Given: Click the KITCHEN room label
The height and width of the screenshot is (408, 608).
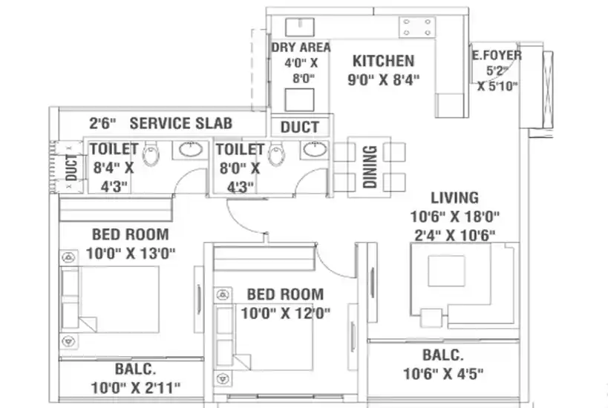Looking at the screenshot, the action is (383, 61).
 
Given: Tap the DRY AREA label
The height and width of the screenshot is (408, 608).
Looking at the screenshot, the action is (301, 47).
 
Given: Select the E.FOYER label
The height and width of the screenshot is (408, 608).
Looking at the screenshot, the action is (497, 56).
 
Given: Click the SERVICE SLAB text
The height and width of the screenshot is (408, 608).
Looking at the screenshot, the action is (180, 123).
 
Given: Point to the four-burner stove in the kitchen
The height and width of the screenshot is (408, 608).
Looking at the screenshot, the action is (416, 27).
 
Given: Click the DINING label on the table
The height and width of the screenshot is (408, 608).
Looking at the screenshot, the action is (370, 167).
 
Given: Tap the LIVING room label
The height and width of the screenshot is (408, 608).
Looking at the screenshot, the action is (454, 197).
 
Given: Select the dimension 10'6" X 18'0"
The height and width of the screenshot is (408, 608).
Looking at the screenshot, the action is (455, 217).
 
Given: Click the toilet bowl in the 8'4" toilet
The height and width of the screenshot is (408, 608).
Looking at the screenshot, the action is (151, 154).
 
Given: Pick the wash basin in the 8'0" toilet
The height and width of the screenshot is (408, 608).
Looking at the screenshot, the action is (315, 149).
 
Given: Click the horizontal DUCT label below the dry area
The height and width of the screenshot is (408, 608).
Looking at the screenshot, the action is (300, 127).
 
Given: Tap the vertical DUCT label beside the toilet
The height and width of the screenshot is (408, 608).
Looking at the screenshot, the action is (71, 168).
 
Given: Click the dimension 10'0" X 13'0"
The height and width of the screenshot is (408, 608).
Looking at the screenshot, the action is (131, 254).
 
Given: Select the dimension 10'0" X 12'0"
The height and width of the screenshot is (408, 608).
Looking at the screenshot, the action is (285, 313).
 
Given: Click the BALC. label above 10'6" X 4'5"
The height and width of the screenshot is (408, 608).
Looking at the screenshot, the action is (442, 355).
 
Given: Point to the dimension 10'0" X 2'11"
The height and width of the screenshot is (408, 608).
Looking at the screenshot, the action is (136, 387).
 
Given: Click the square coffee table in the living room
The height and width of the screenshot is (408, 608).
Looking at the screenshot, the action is (446, 271).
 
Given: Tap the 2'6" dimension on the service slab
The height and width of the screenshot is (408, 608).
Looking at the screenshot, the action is (102, 123).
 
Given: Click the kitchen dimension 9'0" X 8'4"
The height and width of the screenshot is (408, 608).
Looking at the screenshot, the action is (383, 80).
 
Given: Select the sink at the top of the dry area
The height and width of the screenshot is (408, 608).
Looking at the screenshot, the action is (300, 27).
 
